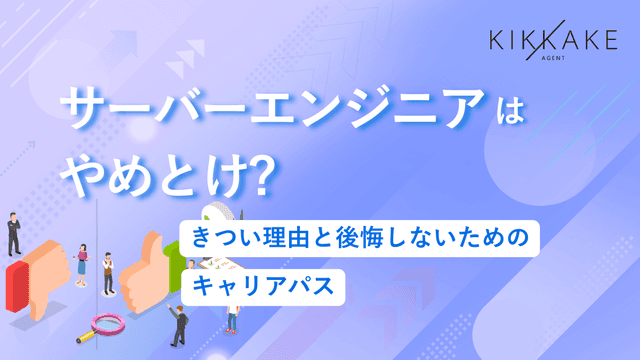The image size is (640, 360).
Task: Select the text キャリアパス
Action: point(264,284)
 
